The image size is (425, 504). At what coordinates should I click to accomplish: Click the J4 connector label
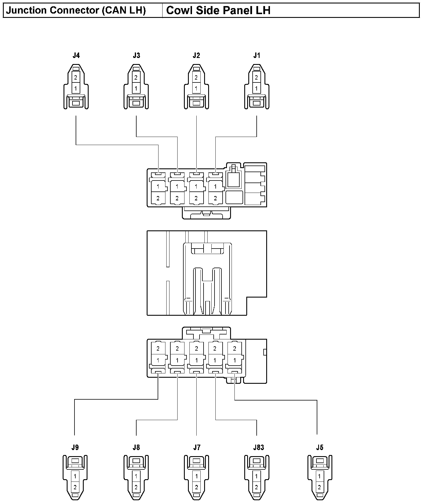click(x=76, y=55)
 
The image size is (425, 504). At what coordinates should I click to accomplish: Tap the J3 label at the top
click(x=136, y=55)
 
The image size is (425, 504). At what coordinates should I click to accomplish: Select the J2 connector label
click(x=196, y=55)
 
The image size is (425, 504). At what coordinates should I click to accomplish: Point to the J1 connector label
click(x=257, y=55)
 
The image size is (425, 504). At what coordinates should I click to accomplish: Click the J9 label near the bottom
click(x=75, y=447)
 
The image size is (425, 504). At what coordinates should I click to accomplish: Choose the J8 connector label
click(x=136, y=447)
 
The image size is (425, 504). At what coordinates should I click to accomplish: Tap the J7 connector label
click(x=197, y=447)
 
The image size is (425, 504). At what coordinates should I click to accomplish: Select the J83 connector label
click(x=258, y=447)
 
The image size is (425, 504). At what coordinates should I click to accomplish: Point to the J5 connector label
click(x=320, y=447)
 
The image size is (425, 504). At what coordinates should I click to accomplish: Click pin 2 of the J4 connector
click(x=76, y=78)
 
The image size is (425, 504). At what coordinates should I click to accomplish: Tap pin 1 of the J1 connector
click(x=256, y=88)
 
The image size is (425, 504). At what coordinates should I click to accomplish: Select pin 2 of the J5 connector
click(x=319, y=487)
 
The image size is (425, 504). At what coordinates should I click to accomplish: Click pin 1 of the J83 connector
click(x=256, y=476)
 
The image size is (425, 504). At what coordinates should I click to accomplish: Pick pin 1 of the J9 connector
click(x=75, y=476)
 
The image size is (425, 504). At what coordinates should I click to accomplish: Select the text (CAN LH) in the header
click(x=124, y=10)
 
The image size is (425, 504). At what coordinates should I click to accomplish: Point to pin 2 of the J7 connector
click(x=196, y=487)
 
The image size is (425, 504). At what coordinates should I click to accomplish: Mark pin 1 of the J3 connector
click(x=136, y=88)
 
